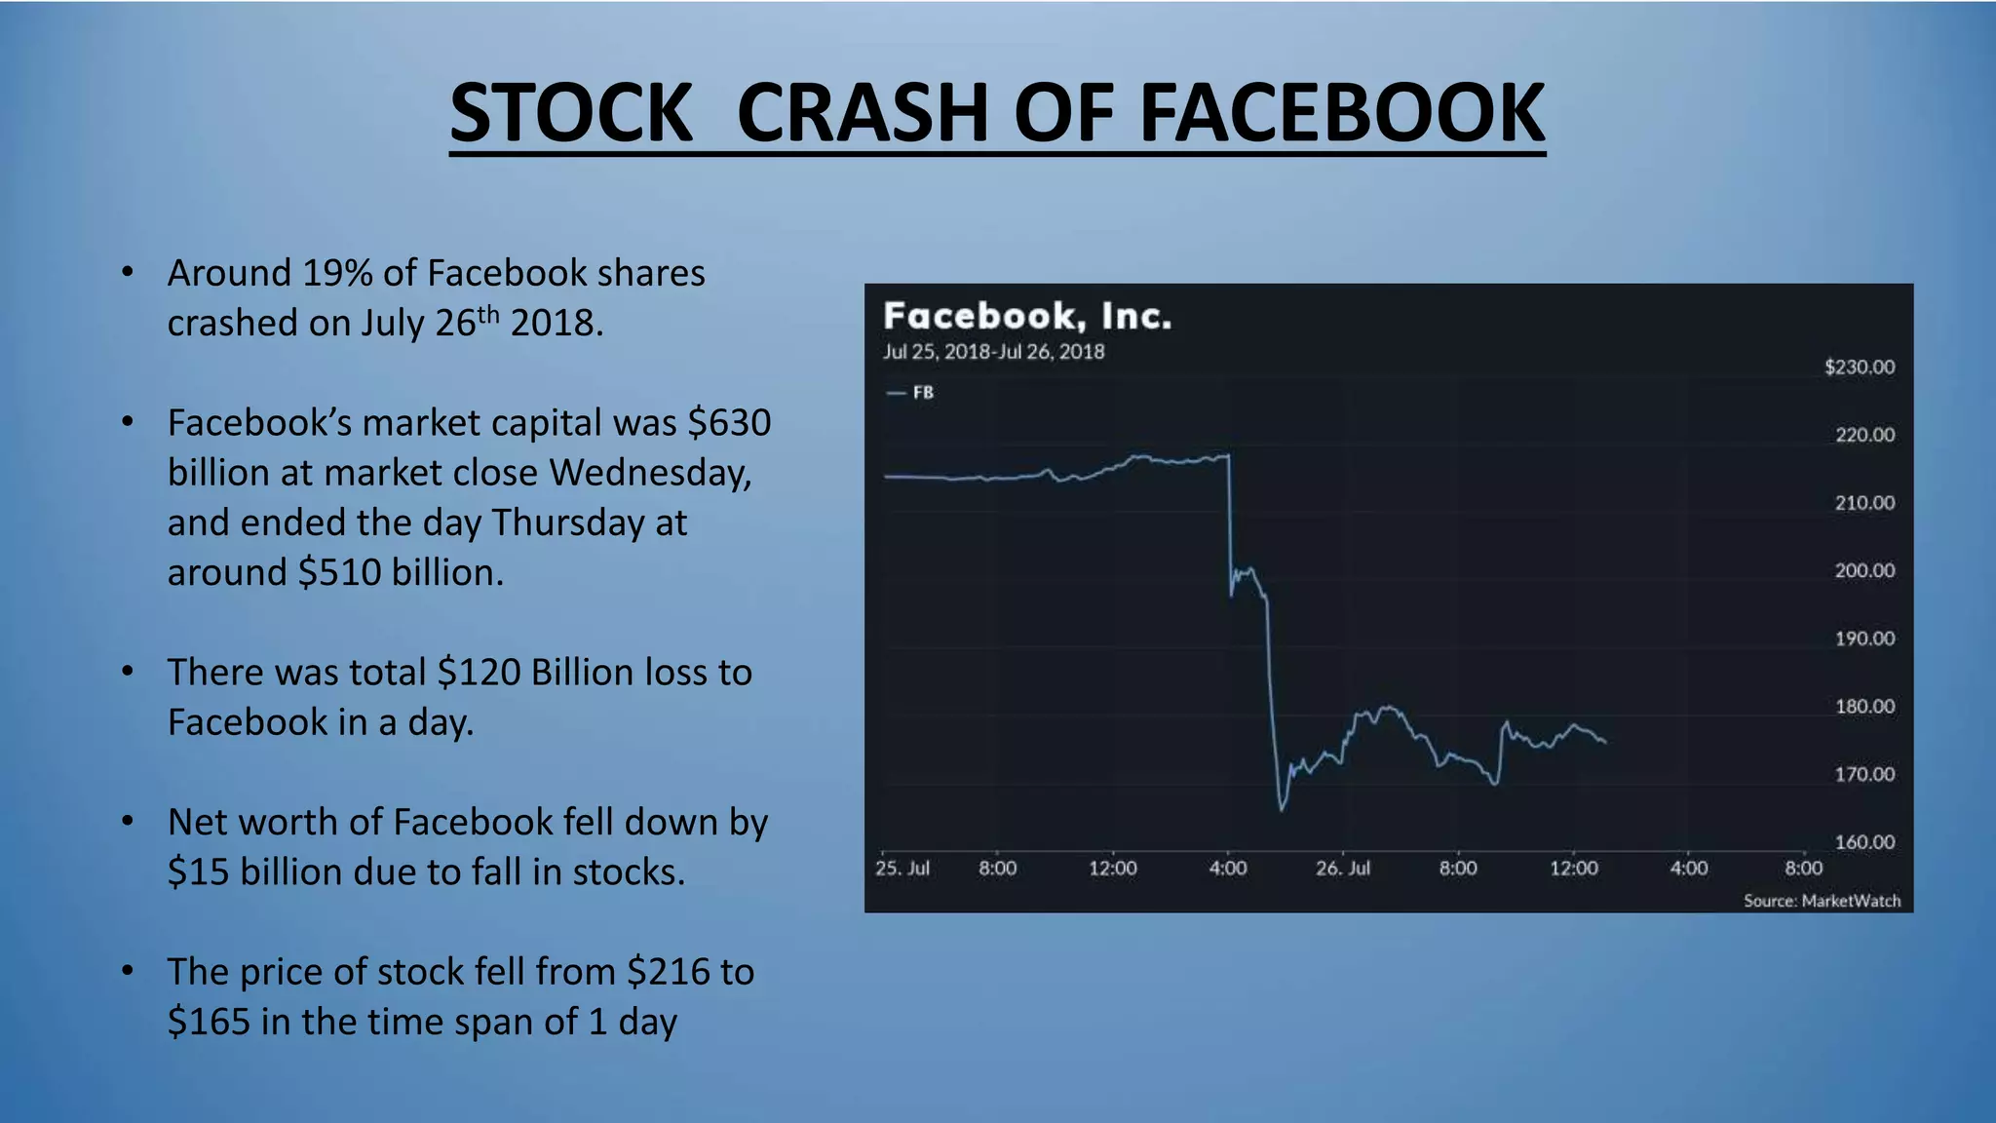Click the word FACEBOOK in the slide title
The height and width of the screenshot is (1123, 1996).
tap(1341, 113)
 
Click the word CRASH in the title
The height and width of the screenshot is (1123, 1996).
tap(864, 113)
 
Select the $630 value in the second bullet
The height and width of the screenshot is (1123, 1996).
tap(729, 423)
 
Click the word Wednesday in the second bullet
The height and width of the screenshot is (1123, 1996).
tap(650, 473)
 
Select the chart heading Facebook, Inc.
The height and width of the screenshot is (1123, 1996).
tap(1027, 316)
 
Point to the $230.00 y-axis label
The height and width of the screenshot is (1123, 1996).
tap(1860, 368)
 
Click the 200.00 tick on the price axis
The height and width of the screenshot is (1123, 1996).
tap(1864, 570)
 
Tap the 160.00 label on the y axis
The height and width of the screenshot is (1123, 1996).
tap(1864, 841)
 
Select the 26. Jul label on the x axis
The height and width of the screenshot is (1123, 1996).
tap(1342, 868)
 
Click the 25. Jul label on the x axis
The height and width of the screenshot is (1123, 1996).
tap(902, 868)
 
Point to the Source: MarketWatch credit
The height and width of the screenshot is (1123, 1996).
tap(1822, 901)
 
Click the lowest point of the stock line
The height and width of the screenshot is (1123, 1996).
tap(1282, 809)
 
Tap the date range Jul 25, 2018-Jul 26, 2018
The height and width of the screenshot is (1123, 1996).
tap(993, 352)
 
